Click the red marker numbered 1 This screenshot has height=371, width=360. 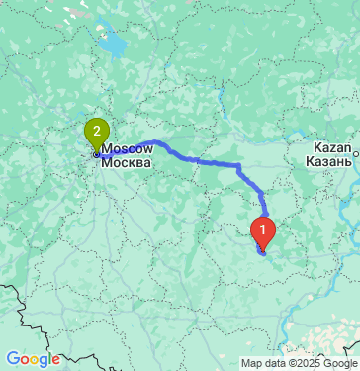tap(263, 231)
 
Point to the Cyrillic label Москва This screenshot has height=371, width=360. tap(126, 161)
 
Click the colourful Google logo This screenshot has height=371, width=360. tap(33, 359)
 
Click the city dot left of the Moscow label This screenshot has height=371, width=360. tap(96, 154)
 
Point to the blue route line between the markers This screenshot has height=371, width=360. tap(198, 158)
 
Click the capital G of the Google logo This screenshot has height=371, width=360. tap(12, 359)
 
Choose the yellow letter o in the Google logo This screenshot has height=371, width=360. tap(34, 360)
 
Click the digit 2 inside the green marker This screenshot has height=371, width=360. tap(96, 129)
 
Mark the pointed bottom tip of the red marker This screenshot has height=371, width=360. tap(263, 251)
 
